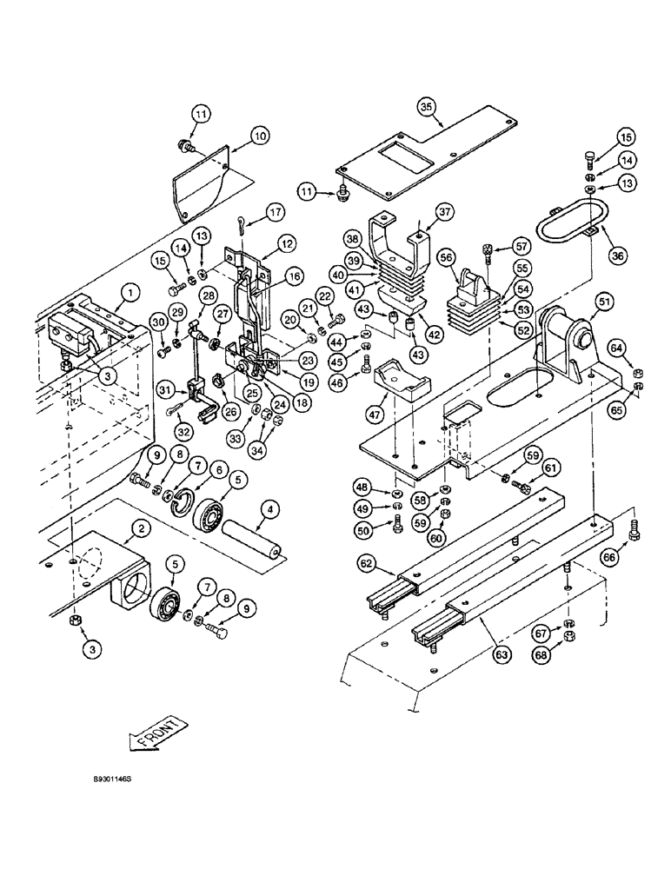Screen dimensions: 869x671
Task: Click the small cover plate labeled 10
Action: tap(198, 182)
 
